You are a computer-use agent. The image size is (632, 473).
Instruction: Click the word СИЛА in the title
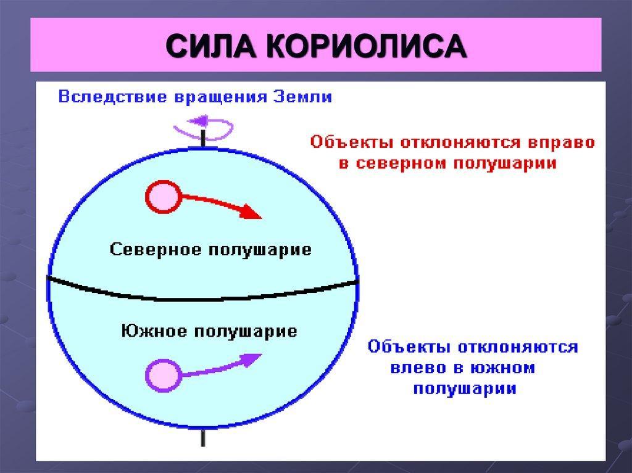[211, 46]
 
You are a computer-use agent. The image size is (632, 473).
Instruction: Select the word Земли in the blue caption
[302, 97]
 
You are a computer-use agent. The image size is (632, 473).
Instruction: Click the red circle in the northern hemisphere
[163, 197]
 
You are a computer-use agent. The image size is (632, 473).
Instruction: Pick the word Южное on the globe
[154, 331]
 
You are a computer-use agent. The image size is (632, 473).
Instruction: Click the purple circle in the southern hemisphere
[162, 375]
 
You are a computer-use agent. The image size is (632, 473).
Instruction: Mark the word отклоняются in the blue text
[518, 347]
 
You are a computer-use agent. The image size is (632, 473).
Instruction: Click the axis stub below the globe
[203, 437]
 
